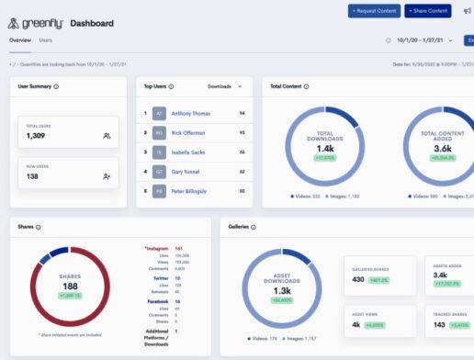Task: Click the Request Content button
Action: click(x=374, y=11)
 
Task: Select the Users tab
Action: click(x=46, y=40)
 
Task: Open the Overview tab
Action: click(x=19, y=40)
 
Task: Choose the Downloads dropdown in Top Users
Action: click(x=225, y=85)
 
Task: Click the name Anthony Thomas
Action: click(x=190, y=113)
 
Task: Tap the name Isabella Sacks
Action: click(x=189, y=152)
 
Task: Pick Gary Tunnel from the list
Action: click(x=187, y=171)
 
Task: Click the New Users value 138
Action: click(x=32, y=175)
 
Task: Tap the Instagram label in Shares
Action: click(x=157, y=248)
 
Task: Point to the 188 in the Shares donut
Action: click(x=70, y=286)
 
